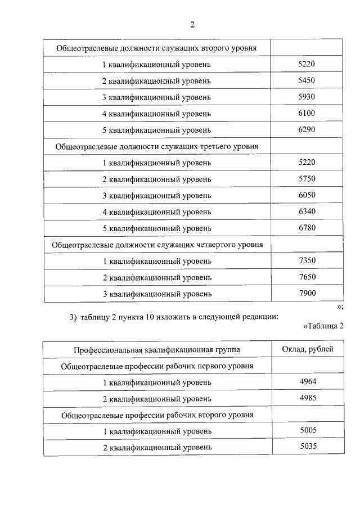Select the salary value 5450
click(x=307, y=81)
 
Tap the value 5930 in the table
click(x=307, y=97)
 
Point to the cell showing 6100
click(x=307, y=114)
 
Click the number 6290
click(x=307, y=130)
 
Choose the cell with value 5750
click(x=307, y=179)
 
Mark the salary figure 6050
click(x=307, y=195)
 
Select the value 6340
click(x=307, y=211)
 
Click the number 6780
click(x=307, y=228)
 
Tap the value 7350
click(x=307, y=260)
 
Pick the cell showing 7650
click(x=307, y=277)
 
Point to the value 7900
click(x=307, y=293)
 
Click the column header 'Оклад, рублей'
click(x=307, y=349)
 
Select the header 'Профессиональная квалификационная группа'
click(x=157, y=350)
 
